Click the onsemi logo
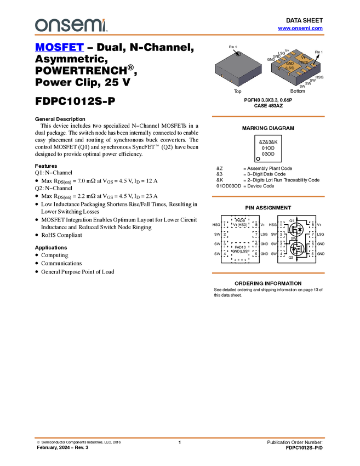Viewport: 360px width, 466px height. [x=71, y=25]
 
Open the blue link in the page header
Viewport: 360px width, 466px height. [x=300, y=29]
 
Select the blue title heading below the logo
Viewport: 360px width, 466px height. [x=59, y=48]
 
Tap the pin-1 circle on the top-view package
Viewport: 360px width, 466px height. [x=237, y=53]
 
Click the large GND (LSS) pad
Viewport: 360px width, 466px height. [x=289, y=66]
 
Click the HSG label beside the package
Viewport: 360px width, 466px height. [x=318, y=77]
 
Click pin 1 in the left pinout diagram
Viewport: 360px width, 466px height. [x=225, y=225]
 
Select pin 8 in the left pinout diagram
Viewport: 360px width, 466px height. [x=255, y=225]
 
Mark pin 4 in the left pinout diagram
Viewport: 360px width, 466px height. [x=225, y=254]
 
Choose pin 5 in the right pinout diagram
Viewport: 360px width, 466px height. [x=312, y=254]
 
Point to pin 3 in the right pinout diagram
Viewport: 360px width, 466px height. [x=281, y=244]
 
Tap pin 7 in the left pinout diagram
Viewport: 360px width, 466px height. [x=255, y=235]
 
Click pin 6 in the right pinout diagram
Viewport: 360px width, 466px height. [x=312, y=244]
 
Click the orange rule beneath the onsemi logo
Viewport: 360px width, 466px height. [x=180, y=35]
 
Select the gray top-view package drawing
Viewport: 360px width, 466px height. [x=237, y=68]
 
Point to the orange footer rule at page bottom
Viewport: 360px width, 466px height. [x=180, y=438]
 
